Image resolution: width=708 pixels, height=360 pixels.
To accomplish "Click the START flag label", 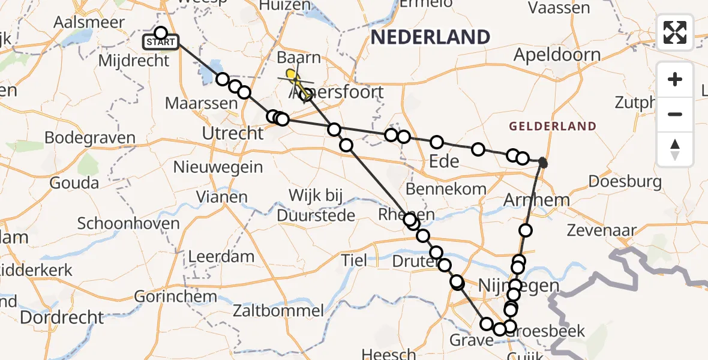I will coord(160,43).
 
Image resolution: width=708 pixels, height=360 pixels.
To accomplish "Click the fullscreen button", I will coord(675,32).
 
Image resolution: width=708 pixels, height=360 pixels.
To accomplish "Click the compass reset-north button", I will coord(675,149).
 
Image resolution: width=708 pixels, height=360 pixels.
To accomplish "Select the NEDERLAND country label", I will coord(430,37).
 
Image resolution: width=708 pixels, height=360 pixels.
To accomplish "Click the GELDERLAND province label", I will coord(553,127).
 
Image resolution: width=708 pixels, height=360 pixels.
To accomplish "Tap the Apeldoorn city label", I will coord(557,55).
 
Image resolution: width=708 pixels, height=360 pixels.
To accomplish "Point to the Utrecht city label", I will coord(233,133).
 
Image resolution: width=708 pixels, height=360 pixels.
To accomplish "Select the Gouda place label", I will coord(74,183).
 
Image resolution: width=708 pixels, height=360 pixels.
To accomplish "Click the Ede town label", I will coord(444,161).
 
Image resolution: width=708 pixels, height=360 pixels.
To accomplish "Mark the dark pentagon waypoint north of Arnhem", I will coord(542,162).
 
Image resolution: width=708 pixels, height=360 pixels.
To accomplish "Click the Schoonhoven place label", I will coord(128,224).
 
